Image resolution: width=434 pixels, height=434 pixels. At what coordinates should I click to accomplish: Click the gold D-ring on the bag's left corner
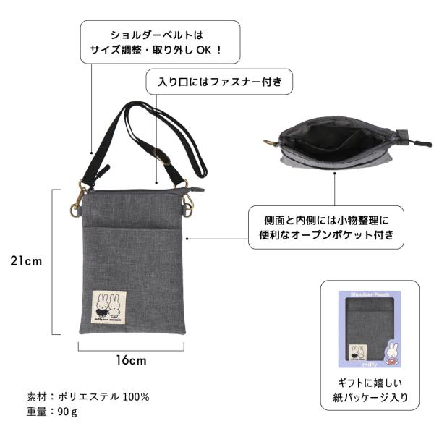pos(75,210)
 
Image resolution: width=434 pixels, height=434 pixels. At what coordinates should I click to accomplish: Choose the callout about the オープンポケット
pos(325,227)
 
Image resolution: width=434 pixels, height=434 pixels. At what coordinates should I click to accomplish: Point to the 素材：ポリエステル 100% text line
pos(88,396)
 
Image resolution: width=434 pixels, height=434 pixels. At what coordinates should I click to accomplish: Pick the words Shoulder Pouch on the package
pos(369,295)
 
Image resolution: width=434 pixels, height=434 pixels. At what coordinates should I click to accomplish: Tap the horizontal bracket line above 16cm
pos(131,346)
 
